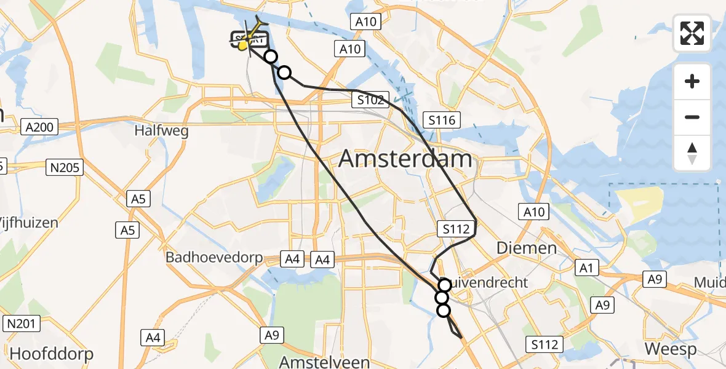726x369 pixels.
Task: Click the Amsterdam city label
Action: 405,159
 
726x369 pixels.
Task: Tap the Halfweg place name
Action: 161,130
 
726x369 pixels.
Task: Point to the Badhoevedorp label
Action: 214,258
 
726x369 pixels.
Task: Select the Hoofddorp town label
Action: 52,354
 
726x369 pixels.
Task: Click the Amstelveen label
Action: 324,361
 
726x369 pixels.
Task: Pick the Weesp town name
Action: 671,349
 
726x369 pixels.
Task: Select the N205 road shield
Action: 64,167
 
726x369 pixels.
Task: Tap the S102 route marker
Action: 371,100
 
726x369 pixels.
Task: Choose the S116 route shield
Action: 443,119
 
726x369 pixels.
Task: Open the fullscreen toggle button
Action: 692,33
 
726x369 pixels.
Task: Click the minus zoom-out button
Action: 692,117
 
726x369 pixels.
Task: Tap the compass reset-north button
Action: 692,153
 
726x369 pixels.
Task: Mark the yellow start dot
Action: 243,45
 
